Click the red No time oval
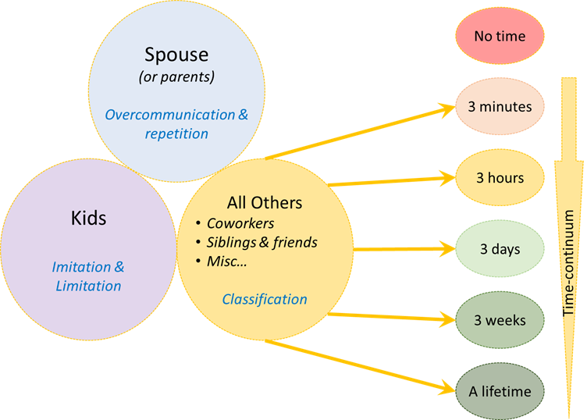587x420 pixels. coord(500,36)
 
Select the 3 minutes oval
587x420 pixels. coord(500,107)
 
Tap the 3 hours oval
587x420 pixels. coord(500,178)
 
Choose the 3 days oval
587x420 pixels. coord(500,249)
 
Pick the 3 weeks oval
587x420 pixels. coord(500,320)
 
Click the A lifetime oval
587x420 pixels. coord(500,391)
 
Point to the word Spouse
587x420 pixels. coord(176,55)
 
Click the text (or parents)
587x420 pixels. coord(176,77)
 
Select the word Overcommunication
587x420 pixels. coord(170,115)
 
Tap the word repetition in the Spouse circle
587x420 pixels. coord(176,133)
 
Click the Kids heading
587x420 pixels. coord(89,218)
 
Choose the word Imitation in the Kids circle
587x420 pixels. coord(81,267)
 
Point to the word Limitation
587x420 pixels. coord(88,286)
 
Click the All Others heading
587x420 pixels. coord(265,203)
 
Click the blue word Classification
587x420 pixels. coord(265,300)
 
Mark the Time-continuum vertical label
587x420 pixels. coord(568,263)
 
